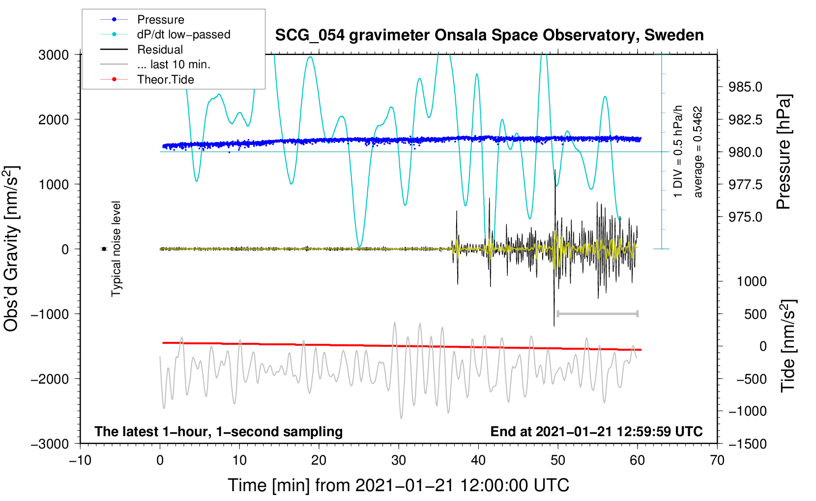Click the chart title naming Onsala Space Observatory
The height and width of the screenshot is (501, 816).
[489, 35]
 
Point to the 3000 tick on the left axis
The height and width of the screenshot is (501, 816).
[54, 55]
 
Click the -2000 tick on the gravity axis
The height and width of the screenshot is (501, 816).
[50, 379]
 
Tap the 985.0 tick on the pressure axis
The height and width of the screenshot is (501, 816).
[745, 87]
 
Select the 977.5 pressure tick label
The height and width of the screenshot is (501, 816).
[745, 185]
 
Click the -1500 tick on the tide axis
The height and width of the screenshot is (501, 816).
[747, 444]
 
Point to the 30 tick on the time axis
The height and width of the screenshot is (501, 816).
[399, 460]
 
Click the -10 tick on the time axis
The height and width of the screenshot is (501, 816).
[80, 460]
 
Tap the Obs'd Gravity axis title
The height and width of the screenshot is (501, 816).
[11, 249]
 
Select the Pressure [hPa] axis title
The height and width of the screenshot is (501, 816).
[784, 152]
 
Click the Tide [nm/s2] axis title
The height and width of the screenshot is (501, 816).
[788, 346]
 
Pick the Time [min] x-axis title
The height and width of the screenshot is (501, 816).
[398, 485]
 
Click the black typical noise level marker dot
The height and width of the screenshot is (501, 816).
[104, 249]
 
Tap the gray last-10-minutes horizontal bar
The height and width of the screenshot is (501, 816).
[597, 313]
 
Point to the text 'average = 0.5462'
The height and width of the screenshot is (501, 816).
[698, 152]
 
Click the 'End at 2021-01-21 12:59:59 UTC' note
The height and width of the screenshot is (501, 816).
[596, 431]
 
